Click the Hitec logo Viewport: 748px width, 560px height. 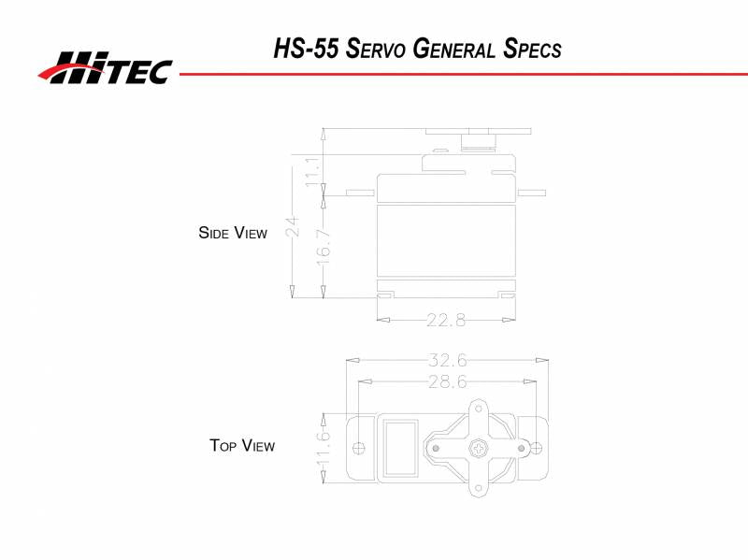coord(105,66)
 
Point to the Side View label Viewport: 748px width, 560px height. coord(233,233)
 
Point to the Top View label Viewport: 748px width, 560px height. coord(242,446)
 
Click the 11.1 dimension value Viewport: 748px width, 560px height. coord(312,170)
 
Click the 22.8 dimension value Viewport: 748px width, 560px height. coord(446,320)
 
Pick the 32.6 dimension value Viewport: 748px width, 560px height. coord(448,360)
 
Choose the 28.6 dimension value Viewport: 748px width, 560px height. coord(448,381)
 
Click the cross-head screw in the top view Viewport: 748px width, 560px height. coord(479,449)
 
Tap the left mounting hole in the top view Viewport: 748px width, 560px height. coord(360,446)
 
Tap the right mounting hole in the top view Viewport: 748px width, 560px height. coord(536,446)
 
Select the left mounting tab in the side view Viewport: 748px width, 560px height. coord(360,193)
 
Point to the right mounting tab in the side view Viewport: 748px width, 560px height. coord(530,193)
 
